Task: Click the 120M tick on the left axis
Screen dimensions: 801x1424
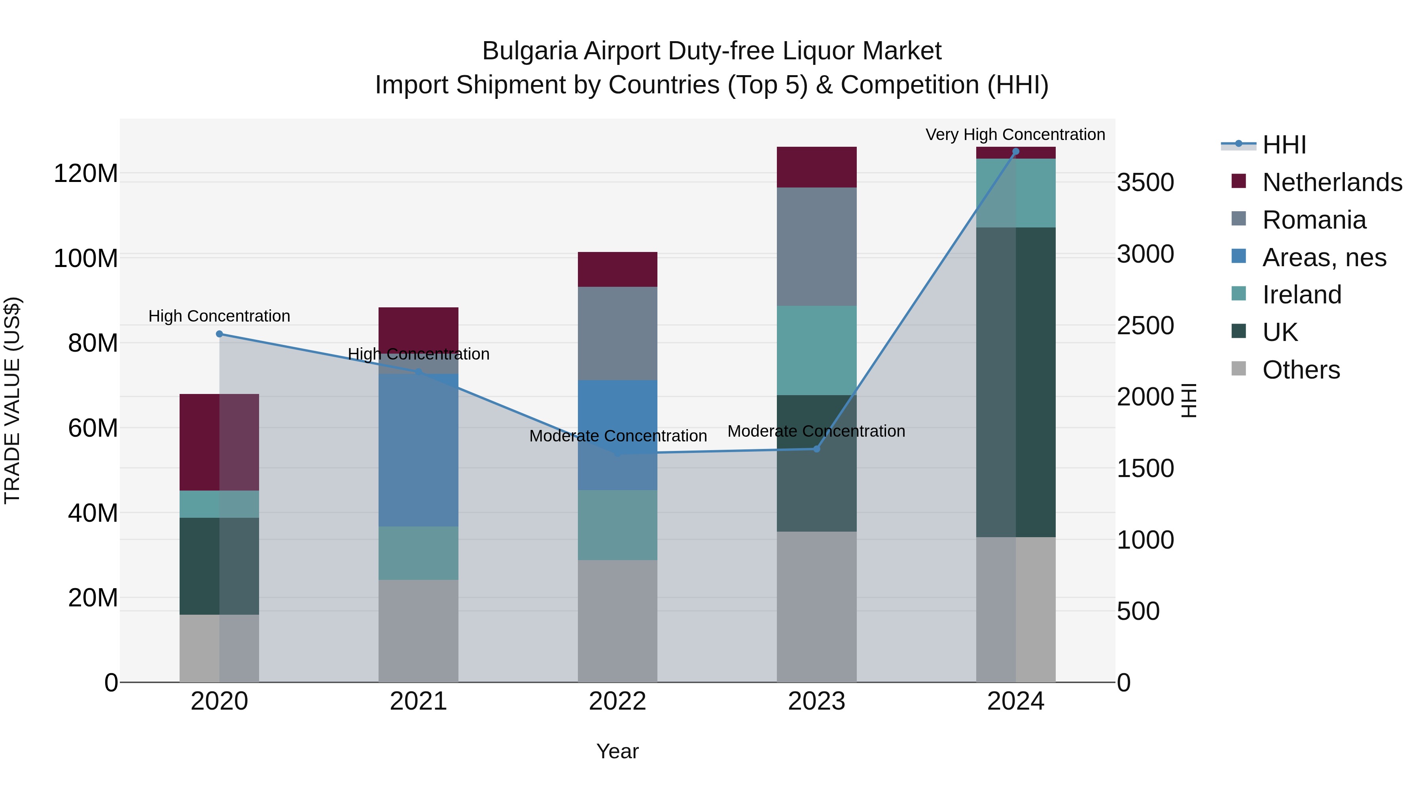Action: (86, 174)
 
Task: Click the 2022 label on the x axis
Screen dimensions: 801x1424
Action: (617, 701)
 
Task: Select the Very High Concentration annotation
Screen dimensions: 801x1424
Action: (1015, 134)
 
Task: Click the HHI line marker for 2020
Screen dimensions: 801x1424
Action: (220, 334)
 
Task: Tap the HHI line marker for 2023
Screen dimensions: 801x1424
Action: (816, 449)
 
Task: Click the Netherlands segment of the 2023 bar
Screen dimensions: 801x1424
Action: (816, 167)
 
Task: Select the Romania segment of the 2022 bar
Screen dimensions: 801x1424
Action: (617, 333)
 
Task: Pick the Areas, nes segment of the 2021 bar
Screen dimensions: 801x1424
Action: (418, 450)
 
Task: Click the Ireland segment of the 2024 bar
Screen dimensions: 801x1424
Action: (1015, 193)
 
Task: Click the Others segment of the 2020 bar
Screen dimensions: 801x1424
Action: (220, 648)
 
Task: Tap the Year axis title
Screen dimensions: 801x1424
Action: (617, 751)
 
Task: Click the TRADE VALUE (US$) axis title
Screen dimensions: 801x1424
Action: (12, 400)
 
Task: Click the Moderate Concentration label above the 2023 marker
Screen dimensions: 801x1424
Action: (816, 431)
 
